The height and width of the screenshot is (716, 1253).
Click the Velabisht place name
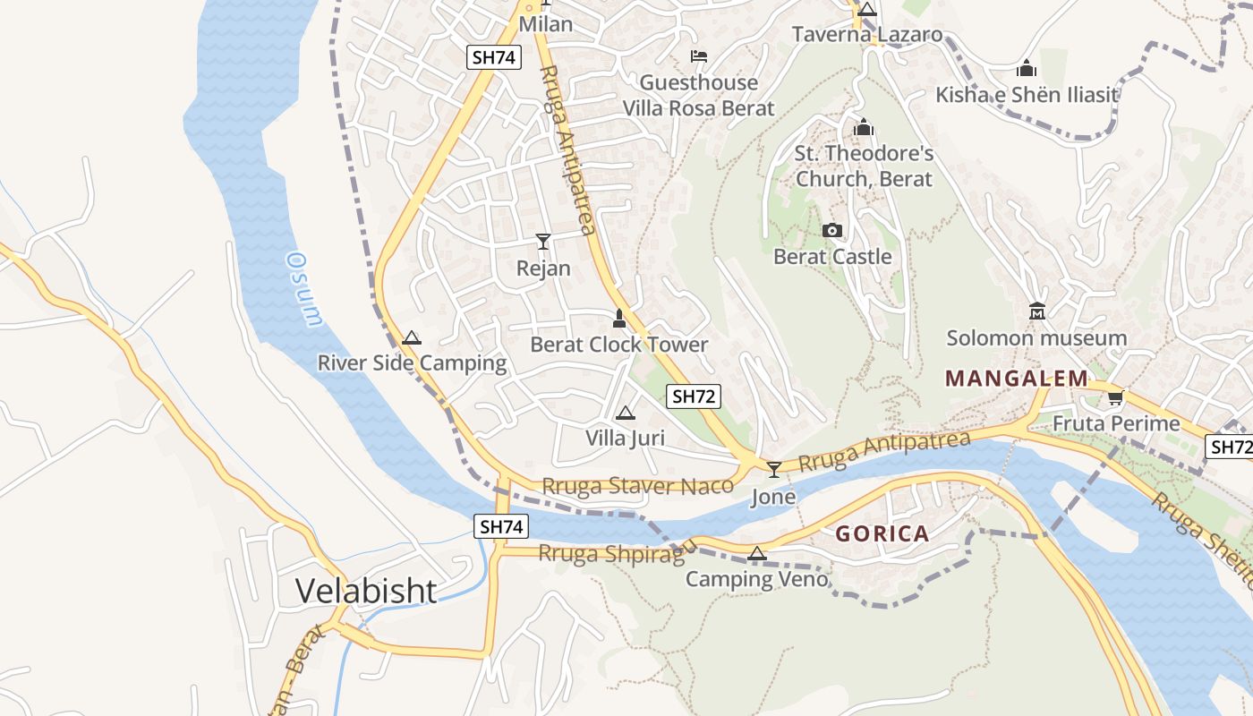click(x=366, y=591)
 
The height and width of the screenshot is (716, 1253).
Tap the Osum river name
click(x=303, y=288)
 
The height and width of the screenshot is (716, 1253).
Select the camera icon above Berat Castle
click(x=832, y=231)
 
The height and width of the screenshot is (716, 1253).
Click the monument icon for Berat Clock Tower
click(x=618, y=319)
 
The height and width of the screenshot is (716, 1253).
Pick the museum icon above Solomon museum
click(x=1037, y=311)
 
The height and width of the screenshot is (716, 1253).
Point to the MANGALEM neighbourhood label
click(x=1016, y=379)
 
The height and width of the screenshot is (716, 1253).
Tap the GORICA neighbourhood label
click(x=882, y=534)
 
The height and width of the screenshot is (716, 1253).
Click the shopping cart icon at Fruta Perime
click(x=1115, y=397)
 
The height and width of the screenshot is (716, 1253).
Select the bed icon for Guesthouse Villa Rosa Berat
click(x=699, y=56)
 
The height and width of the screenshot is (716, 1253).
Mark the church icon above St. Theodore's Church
click(x=864, y=128)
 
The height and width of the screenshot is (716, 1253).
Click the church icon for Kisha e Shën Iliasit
click(x=1027, y=68)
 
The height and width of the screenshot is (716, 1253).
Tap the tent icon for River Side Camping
click(x=411, y=337)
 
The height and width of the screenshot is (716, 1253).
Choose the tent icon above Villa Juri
click(x=625, y=413)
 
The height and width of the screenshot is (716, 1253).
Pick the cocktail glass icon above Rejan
click(x=543, y=241)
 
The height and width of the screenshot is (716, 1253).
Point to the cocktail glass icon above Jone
click(x=774, y=468)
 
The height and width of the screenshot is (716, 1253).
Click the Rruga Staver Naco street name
click(x=637, y=486)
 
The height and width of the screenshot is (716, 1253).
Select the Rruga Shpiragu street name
click(x=618, y=553)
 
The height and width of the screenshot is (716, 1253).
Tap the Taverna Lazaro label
click(x=867, y=35)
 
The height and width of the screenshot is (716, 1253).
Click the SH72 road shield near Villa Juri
click(x=694, y=396)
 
